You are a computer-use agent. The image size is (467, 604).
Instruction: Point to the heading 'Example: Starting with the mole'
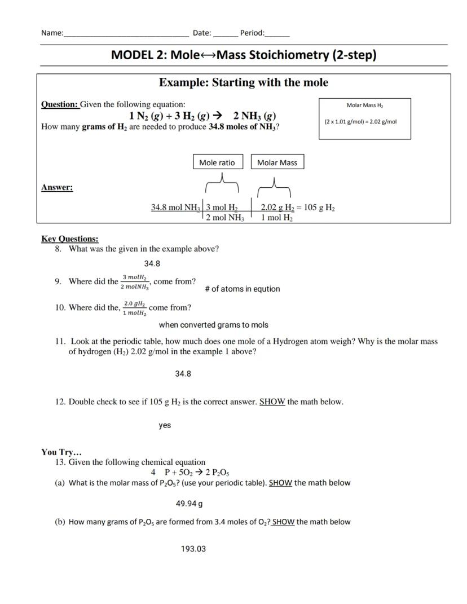point(243,83)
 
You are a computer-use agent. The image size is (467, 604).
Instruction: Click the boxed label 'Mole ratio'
point(217,162)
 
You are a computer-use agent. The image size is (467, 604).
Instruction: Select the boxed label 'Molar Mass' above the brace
point(277,162)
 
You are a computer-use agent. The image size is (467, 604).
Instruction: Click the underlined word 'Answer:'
point(57,188)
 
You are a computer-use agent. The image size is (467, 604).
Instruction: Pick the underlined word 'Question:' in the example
point(60,104)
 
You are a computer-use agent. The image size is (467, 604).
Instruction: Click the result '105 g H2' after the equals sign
point(319,208)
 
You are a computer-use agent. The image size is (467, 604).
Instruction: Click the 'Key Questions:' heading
point(69,239)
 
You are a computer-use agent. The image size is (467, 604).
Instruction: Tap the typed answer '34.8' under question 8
point(152,263)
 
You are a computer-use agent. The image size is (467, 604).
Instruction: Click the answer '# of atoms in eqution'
point(242,289)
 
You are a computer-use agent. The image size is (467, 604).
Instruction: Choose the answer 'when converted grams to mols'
point(213,325)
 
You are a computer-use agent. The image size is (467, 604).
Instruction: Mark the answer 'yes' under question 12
point(165,425)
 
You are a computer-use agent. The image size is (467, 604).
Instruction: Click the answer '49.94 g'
point(189,503)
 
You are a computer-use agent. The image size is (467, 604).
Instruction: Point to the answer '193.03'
point(193,548)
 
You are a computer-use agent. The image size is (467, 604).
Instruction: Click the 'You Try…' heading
point(61,452)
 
